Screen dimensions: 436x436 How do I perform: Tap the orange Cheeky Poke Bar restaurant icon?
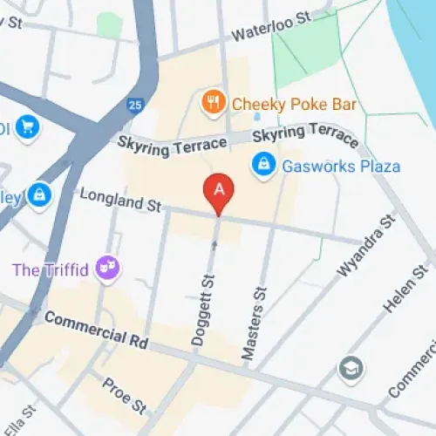tap(212, 104)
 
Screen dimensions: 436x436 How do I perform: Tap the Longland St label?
tap(120, 201)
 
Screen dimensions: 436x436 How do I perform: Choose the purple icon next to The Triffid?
tap(108, 266)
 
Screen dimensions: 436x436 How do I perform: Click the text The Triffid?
tap(51, 269)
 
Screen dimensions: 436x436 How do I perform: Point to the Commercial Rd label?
tap(96, 330)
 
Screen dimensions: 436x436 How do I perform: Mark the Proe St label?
tap(123, 394)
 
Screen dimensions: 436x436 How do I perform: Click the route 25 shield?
tap(133, 105)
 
